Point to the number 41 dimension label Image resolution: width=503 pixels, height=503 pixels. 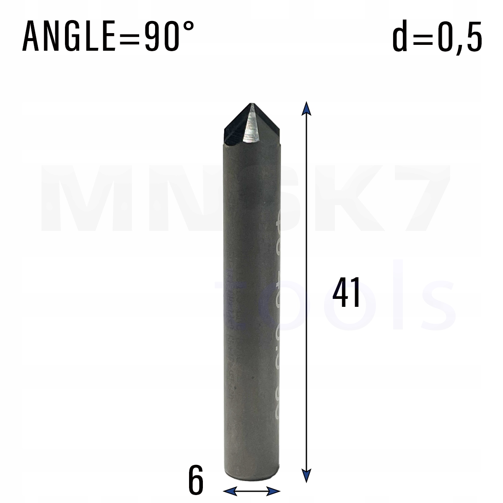(346, 293)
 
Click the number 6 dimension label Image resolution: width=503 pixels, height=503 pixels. (195, 482)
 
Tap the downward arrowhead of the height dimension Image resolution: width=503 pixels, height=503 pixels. (306, 476)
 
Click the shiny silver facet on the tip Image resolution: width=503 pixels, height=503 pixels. (251, 126)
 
